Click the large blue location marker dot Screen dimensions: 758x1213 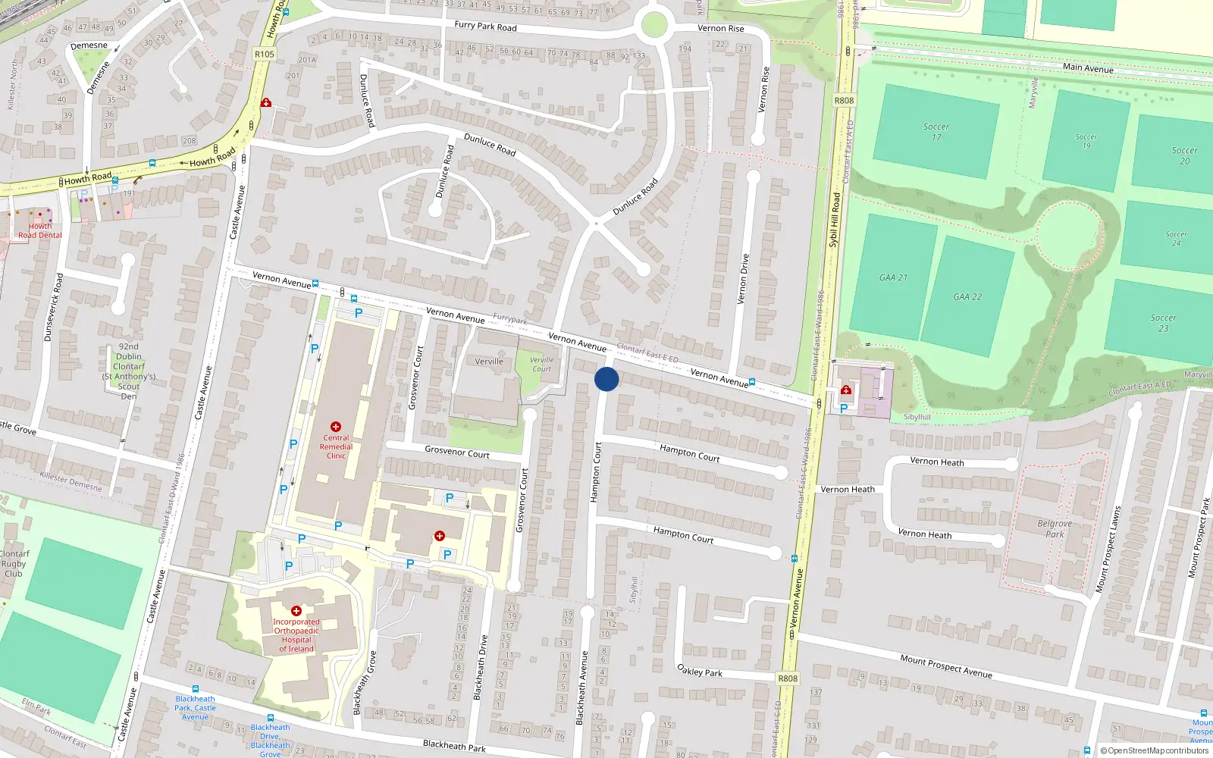pos(606,379)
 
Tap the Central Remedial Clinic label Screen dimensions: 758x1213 pos(336,446)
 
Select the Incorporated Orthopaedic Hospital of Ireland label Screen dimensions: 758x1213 pos(296,635)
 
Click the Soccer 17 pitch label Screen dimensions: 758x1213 pos(936,132)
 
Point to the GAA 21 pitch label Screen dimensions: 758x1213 pos(893,277)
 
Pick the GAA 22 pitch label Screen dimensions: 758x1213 pos(967,296)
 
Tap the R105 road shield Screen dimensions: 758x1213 pos(265,55)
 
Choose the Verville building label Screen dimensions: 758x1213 pos(489,362)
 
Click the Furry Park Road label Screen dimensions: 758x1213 pos(485,26)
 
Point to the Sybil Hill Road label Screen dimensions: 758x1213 pos(835,220)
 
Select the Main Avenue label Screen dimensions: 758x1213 pos(1088,67)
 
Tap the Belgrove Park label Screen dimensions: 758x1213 pos(1055,528)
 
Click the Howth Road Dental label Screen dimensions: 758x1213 pos(40,230)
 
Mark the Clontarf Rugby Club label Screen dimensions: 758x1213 pos(14,563)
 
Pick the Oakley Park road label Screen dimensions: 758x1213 pos(699,671)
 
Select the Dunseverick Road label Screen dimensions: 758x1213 pos(53,307)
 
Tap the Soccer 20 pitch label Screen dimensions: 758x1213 pos(1184,155)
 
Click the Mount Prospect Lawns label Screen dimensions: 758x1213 pos(1108,550)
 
